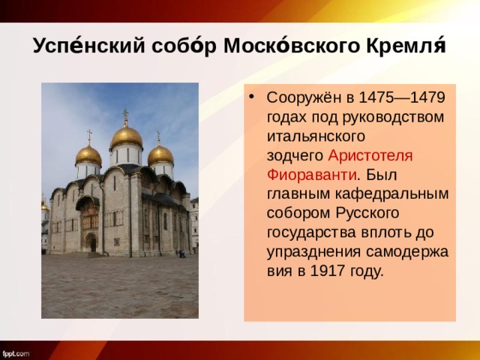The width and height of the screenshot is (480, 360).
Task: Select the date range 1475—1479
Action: pos(402,98)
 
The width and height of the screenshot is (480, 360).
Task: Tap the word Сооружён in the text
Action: pos(301,98)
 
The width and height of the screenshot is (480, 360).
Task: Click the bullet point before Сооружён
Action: pos(254,98)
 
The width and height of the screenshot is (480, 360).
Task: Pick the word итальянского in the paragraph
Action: pos(315,136)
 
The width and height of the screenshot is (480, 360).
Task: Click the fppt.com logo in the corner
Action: pos(16,352)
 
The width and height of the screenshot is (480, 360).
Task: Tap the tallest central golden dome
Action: pos(126,137)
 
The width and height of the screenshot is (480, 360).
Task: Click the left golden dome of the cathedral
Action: pos(88,155)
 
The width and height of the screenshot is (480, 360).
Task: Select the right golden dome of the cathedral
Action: pos(160,154)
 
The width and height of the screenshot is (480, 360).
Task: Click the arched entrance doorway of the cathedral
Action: pos(91,242)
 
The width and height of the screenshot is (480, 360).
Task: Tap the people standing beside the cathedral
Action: pos(181,253)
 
